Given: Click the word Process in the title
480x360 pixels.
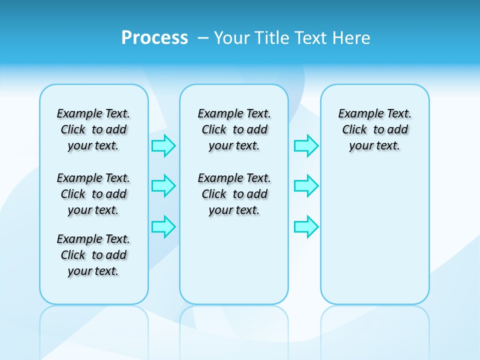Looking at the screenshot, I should point(154,38).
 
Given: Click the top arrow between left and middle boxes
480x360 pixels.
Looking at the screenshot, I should point(163,146).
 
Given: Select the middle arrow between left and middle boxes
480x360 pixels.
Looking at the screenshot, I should point(163,186).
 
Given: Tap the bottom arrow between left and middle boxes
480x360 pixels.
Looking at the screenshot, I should point(163,226).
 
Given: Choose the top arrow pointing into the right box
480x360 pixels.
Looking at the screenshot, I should point(306,146).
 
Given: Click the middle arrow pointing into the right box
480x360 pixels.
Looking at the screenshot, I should point(306,186).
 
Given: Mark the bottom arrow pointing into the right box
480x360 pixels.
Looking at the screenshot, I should point(306,226).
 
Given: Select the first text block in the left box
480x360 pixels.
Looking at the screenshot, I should point(93,129).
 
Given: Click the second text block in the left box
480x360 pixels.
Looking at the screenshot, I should point(93,194).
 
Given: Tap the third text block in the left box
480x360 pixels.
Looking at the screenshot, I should point(93,255).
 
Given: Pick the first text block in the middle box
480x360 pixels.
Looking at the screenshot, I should point(234,129).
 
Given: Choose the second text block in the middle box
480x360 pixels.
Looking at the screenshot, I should point(234,194).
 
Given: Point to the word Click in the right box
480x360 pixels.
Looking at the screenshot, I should point(354,130).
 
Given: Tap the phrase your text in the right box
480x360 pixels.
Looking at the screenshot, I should point(374,146).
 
